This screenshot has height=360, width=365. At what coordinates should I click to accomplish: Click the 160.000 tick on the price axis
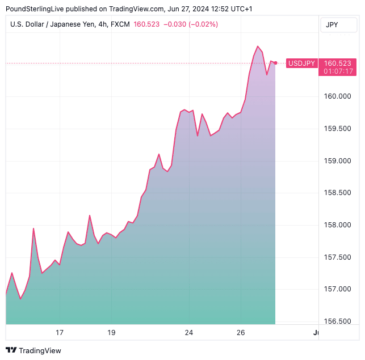coord(337,96)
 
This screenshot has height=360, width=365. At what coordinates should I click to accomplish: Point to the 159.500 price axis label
coord(337,129)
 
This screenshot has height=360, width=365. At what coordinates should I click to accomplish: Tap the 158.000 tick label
coord(337,225)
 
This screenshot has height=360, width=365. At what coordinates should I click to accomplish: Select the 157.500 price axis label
coord(337,257)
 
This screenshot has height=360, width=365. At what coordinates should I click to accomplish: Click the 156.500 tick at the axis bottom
coord(337,321)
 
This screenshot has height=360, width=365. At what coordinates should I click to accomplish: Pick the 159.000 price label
coord(337,161)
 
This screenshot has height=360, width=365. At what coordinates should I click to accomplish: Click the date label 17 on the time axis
coord(59,333)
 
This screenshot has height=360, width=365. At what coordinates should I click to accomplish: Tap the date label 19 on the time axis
coord(111,333)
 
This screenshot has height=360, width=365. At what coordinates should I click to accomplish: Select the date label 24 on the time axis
coord(189,333)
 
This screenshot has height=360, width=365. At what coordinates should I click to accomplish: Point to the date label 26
coord(241,333)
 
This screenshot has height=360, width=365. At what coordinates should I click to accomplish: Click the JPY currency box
coord(332,25)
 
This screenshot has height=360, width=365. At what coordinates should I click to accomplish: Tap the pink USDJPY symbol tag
coord(301,63)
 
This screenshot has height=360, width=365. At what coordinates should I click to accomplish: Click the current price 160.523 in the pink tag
coord(338,63)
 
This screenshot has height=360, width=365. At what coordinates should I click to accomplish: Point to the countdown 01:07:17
coord(338,71)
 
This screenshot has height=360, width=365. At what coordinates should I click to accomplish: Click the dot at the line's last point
coord(275,62)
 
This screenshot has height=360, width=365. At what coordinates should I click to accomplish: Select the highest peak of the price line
coord(258,46)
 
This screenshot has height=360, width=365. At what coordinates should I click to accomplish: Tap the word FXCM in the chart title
coord(119,24)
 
